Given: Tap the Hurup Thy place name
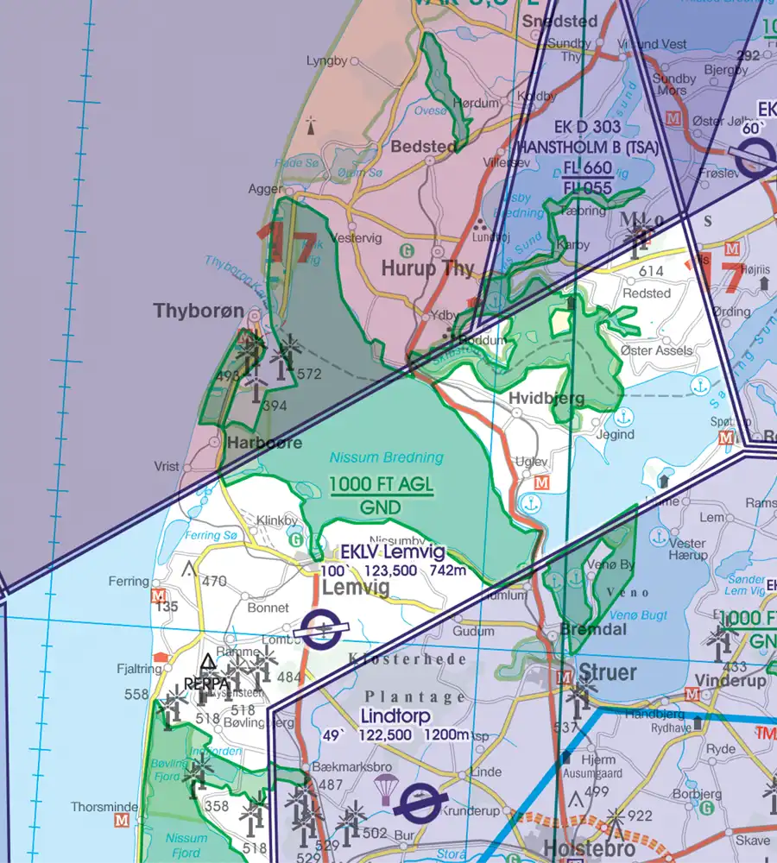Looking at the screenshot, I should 428,268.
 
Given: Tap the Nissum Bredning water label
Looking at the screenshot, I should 386,457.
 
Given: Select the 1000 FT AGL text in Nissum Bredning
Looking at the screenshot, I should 381,486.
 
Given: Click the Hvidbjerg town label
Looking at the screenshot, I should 546,399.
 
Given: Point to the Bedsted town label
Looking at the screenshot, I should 424,147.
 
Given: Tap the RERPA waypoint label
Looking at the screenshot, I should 207,681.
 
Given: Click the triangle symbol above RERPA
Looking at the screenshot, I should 207,662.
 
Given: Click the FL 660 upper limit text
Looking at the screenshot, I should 587,168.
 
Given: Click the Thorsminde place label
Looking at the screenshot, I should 101,807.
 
